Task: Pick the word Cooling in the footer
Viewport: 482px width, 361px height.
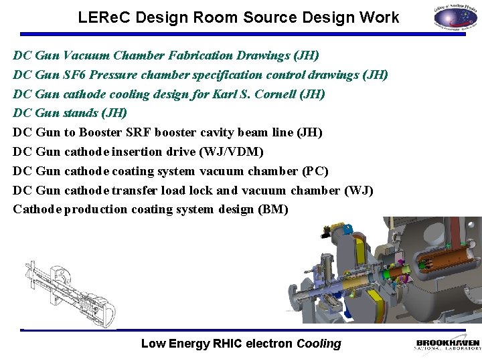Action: pos(319,344)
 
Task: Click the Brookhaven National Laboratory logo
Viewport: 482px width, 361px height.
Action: pos(447,344)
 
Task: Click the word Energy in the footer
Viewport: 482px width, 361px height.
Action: pos(190,344)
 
